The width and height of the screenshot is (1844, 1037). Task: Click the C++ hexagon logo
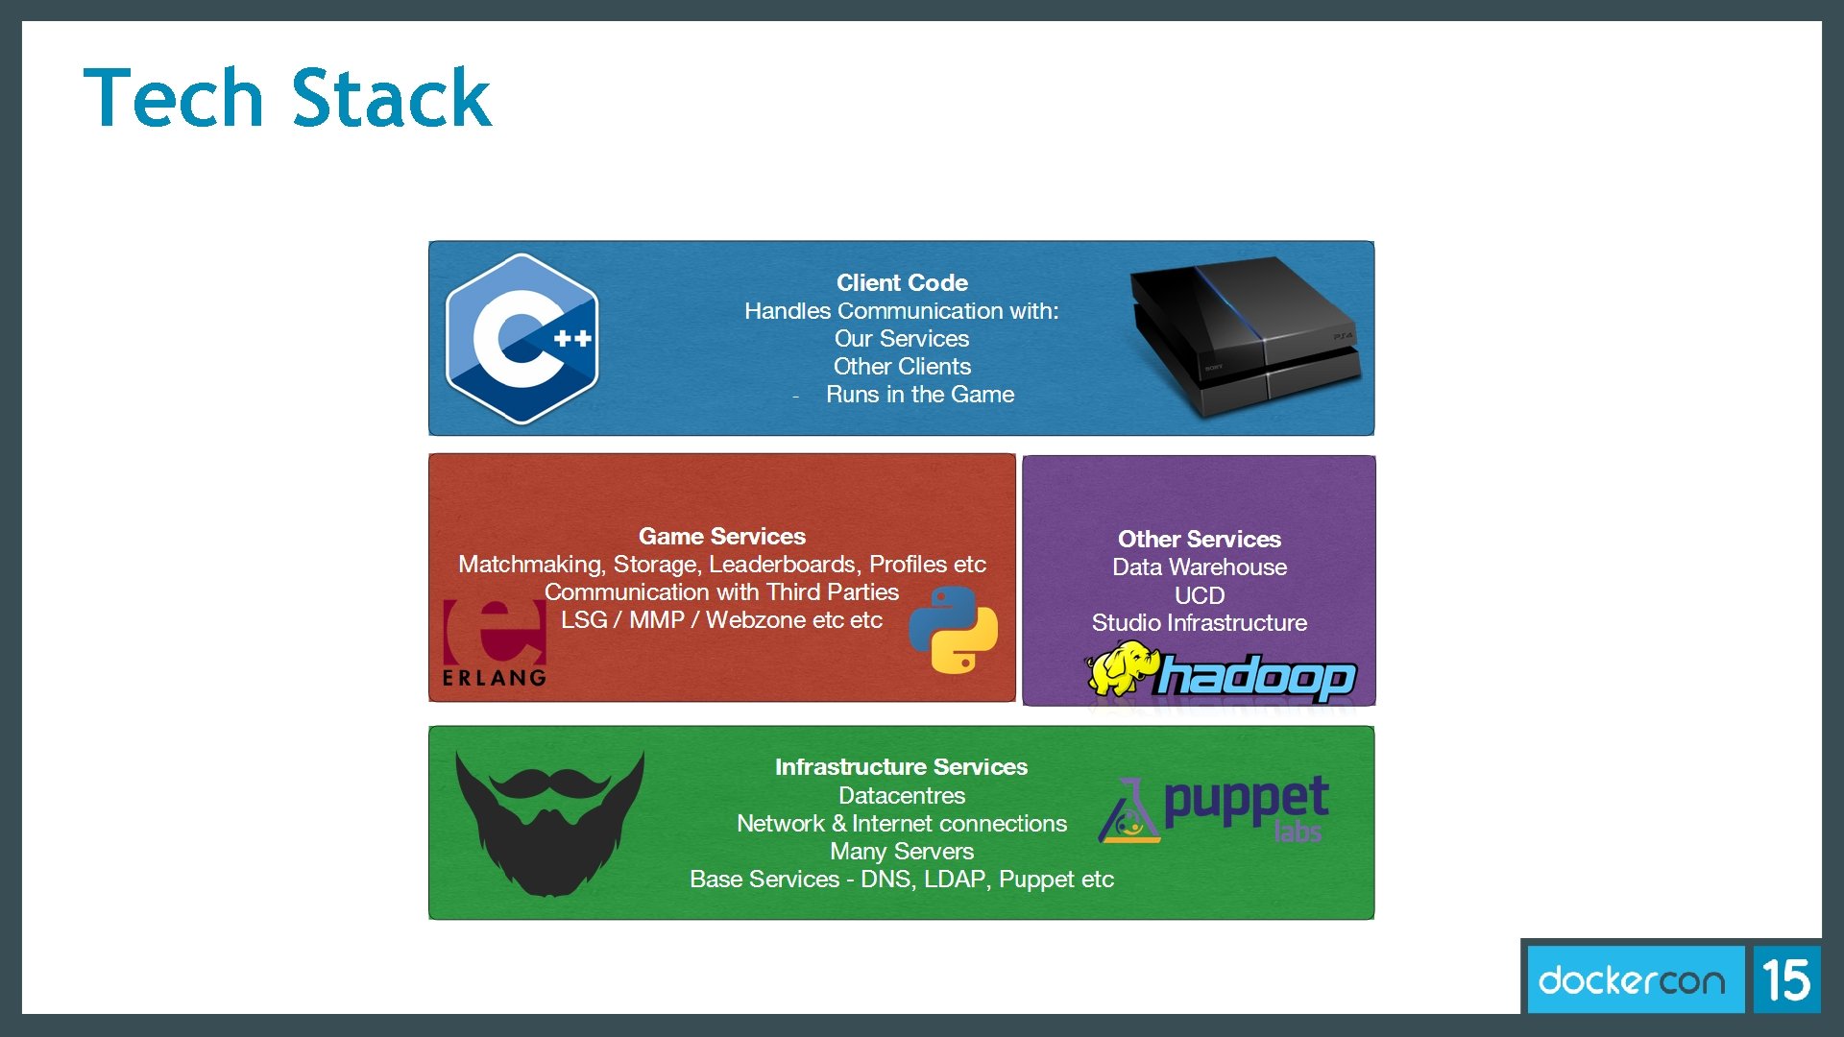pos(522,338)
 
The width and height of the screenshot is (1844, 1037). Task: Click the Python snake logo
pos(953,630)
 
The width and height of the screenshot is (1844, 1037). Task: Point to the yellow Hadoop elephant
pos(1120,668)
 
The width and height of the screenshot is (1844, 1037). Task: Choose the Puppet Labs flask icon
pos(1129,812)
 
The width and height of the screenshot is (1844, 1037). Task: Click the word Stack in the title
pos(391,98)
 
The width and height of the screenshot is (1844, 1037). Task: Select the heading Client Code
pos(901,283)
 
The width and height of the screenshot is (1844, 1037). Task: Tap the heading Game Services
pos(721,537)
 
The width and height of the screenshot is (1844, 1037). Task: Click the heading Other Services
pos(1199,540)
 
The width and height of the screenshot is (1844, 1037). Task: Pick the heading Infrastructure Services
pos(901,767)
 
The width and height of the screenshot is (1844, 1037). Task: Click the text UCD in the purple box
pos(1199,595)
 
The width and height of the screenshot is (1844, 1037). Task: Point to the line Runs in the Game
pos(919,395)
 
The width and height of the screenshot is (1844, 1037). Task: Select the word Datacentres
pos(901,796)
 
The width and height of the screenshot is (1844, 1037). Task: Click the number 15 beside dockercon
pos(1786,980)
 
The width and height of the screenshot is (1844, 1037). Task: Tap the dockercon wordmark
pos(1632,980)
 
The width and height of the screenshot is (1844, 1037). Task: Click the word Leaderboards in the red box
pos(784,565)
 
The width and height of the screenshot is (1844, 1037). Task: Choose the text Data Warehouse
pos(1199,567)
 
